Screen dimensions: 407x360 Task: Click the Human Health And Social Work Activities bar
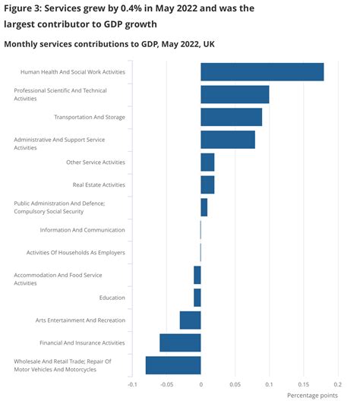click(262, 72)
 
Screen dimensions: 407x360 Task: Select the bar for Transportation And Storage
click(231, 117)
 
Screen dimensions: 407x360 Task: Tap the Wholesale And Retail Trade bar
click(173, 365)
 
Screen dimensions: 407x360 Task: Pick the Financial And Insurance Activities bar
click(180, 342)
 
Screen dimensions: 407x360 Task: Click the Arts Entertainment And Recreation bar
click(190, 320)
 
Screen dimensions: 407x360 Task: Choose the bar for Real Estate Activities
click(207, 185)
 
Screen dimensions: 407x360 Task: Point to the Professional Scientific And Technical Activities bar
click(235, 94)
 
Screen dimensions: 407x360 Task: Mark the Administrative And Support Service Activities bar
click(228, 140)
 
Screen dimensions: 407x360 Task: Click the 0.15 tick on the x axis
click(303, 384)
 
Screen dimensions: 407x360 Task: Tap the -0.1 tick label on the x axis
click(131, 384)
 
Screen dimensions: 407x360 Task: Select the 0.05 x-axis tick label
click(235, 384)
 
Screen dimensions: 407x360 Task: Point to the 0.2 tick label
click(337, 384)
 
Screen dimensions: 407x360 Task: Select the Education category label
click(112, 298)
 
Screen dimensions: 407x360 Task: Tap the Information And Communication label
click(83, 230)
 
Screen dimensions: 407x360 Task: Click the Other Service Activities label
click(96, 162)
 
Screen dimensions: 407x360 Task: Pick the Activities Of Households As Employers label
click(76, 252)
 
